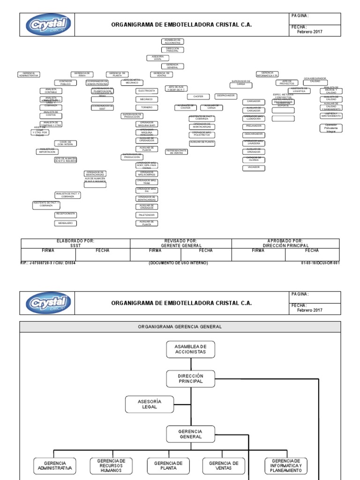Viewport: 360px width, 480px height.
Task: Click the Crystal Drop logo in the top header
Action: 45,24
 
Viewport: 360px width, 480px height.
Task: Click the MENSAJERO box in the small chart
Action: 66,223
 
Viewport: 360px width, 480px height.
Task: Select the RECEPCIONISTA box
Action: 66,214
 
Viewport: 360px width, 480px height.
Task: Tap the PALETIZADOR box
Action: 147,215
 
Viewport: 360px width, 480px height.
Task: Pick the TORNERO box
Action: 147,107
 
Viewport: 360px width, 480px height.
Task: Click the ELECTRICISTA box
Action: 147,90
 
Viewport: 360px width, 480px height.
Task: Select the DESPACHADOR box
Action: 227,96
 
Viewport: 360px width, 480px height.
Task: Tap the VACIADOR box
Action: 254,167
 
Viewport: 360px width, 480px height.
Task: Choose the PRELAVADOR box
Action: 254,127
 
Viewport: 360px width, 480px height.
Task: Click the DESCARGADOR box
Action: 254,134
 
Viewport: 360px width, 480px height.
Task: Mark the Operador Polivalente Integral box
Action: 331,127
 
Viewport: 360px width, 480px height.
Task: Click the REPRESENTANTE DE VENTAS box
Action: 177,151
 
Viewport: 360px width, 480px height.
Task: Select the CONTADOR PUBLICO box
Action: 66,82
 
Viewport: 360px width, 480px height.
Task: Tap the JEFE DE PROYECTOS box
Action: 286,82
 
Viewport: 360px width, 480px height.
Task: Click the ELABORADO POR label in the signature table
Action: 75,240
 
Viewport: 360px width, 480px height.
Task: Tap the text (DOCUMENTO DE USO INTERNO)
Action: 178,263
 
